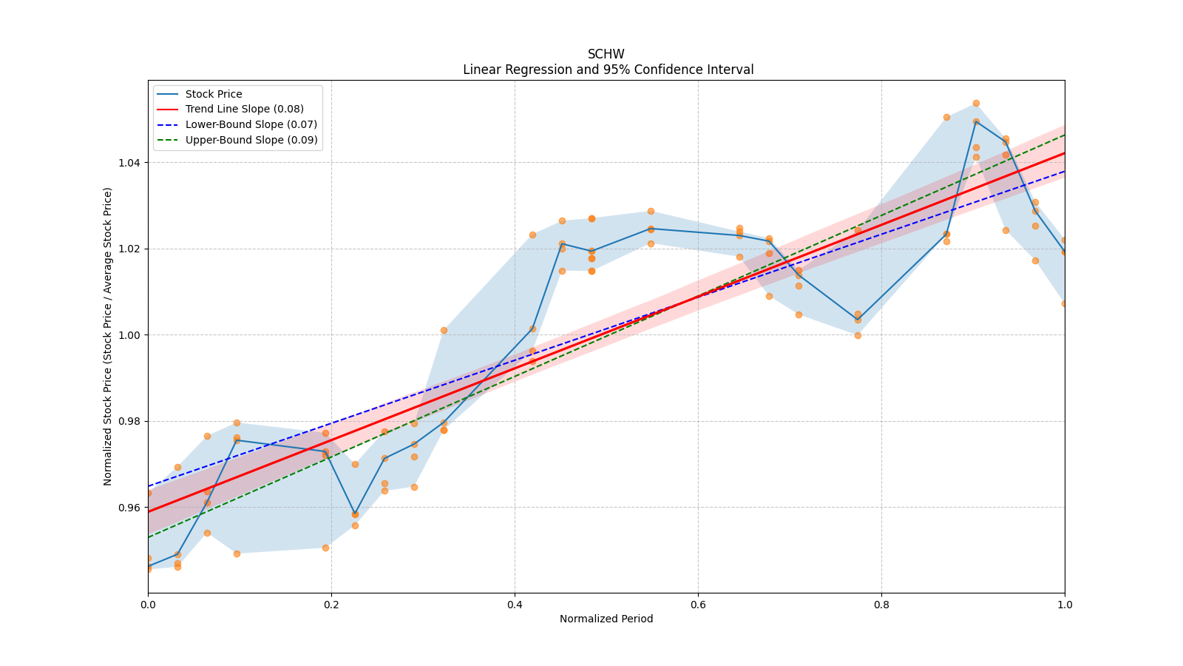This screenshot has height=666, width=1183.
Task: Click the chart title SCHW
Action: point(606,54)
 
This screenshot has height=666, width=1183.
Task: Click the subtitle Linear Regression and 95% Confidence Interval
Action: point(608,70)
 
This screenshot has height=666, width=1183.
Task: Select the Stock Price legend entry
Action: point(213,94)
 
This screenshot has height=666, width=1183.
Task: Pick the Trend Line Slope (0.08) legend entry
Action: point(244,110)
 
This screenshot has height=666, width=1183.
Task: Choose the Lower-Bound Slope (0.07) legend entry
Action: point(251,124)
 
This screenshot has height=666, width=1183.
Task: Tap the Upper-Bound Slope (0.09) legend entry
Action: point(251,140)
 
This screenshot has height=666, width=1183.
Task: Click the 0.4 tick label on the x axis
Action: point(515,605)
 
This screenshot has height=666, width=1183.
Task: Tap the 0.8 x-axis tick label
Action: point(881,605)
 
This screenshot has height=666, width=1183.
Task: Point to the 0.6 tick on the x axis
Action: point(698,605)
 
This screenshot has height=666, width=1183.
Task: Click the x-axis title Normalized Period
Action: point(606,619)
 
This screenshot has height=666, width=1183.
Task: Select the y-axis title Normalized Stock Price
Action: point(108,336)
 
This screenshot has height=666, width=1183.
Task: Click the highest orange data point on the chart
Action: point(976,104)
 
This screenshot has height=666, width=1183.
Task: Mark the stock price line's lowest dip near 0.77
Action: point(858,320)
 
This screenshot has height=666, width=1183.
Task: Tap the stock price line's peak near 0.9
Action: point(976,121)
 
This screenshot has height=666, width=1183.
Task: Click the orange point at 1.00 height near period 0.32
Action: point(444,330)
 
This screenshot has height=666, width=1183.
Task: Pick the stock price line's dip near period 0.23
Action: point(355,514)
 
